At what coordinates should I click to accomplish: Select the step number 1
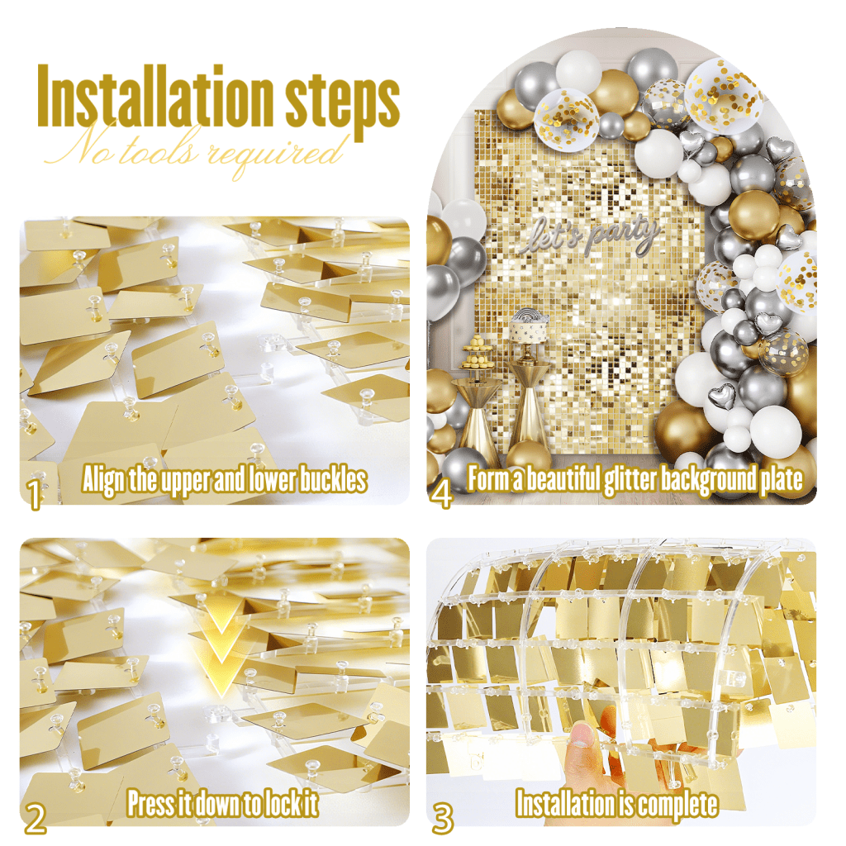point(35,494)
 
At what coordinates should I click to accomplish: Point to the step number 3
point(443,818)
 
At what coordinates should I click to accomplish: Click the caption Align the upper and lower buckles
point(225,479)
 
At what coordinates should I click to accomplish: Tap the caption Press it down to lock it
point(222,803)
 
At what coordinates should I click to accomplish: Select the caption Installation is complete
point(616,804)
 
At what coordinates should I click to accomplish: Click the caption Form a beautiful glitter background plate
point(635,479)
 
